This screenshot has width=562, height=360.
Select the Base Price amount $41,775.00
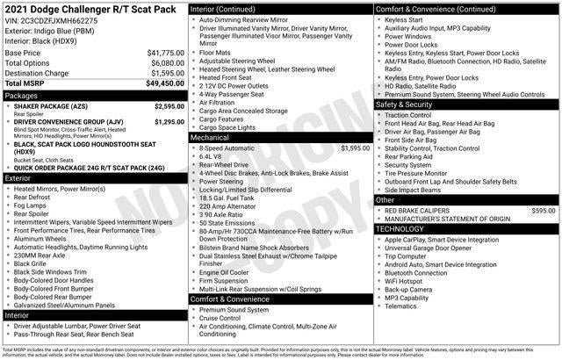pos(165,53)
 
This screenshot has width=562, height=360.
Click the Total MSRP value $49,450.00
pos(164,83)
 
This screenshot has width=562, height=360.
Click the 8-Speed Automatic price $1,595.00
pos(355,148)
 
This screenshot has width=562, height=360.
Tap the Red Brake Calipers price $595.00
pos(544,211)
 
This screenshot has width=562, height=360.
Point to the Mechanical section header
pos(210,138)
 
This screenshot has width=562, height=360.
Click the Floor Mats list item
pos(214,52)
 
